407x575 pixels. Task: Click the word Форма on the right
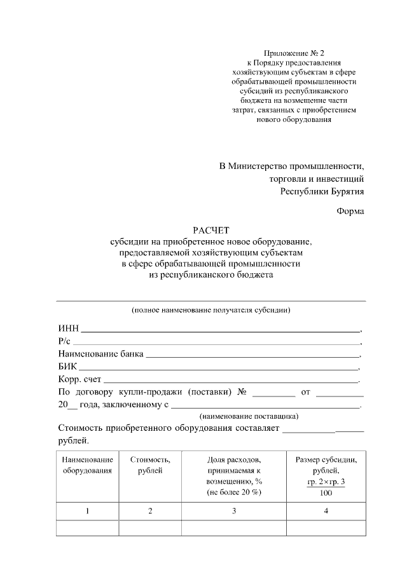coord(350,211)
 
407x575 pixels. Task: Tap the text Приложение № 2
coord(294,53)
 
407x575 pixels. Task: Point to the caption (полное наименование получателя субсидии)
coord(211,311)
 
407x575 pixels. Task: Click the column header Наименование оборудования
coord(88,464)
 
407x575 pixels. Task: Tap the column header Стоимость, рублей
coord(150,464)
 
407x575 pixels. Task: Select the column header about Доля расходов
coord(234,475)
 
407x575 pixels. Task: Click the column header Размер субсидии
coord(326,464)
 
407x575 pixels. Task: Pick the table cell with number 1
coord(88,511)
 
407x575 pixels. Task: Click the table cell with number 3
coord(234,511)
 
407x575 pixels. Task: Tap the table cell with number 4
coord(326,511)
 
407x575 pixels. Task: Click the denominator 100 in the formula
coord(326,493)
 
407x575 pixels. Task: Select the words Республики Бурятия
coord(322,190)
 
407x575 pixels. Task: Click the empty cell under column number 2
coord(150,528)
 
